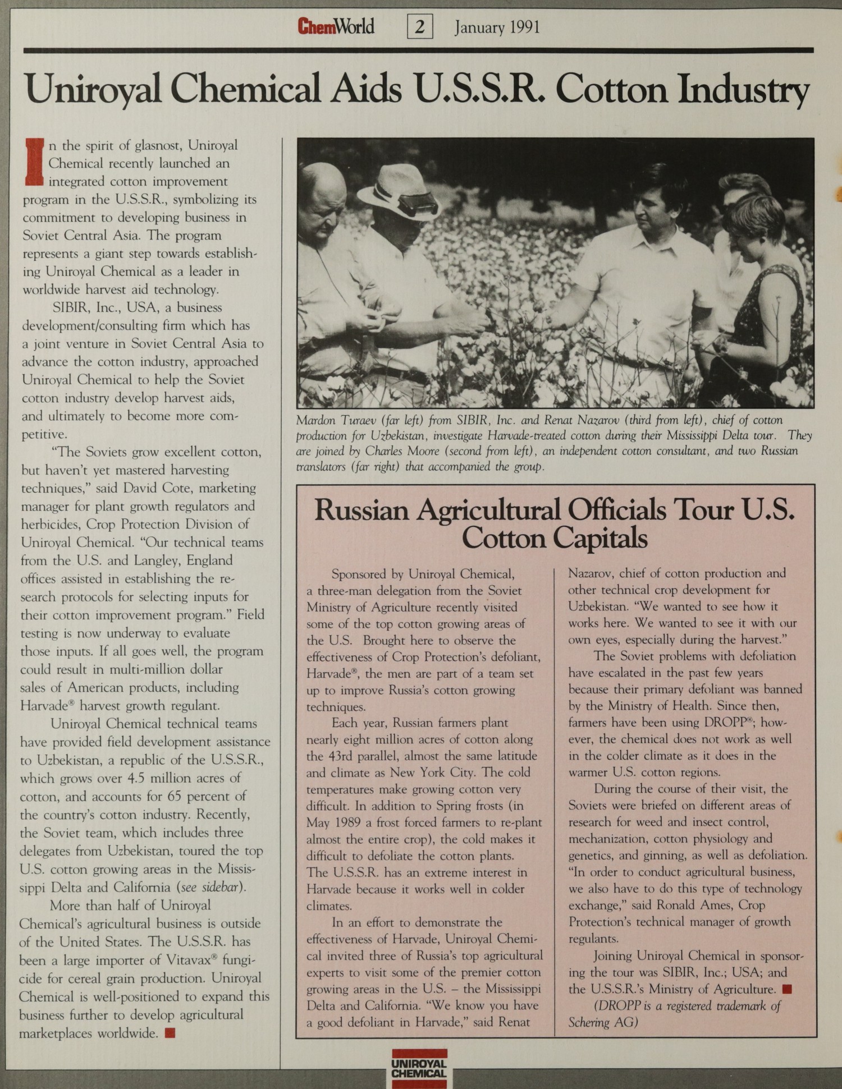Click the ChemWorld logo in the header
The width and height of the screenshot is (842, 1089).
[336, 26]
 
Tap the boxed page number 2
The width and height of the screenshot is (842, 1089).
[419, 27]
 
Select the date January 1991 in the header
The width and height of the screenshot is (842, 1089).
[497, 27]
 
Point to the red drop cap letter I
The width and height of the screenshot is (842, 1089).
[34, 162]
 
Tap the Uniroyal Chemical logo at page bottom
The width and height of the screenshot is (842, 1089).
[419, 1067]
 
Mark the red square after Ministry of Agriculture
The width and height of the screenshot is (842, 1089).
[786, 989]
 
